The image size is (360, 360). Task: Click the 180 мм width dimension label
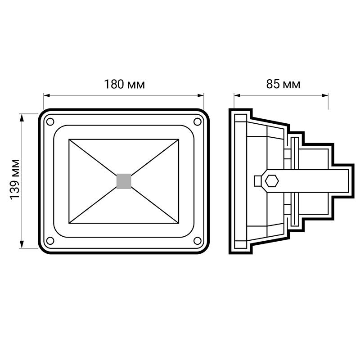(125, 84)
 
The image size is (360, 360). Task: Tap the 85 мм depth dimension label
(283, 84)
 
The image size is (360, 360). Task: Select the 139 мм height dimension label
(15, 179)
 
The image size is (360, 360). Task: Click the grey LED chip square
(124, 181)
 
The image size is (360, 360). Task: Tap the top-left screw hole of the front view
(50, 121)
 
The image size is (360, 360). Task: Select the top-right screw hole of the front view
(198, 121)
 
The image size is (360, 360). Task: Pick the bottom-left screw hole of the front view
(50, 241)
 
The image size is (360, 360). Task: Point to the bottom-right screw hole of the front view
(198, 241)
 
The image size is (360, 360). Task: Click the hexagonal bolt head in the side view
(272, 181)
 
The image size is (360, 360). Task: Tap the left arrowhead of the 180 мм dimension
(47, 95)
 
